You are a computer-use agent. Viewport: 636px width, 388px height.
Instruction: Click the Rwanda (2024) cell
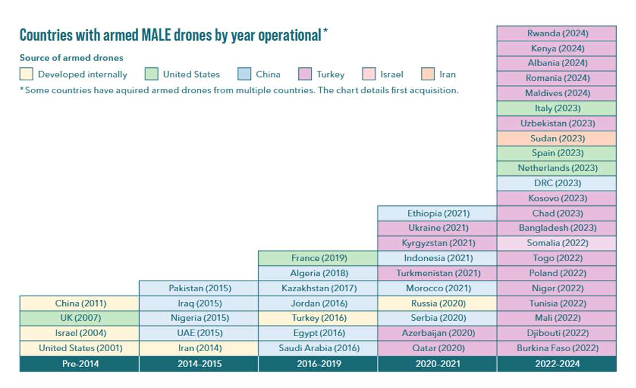[x=557, y=33]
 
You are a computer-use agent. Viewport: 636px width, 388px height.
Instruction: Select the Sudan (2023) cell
[x=557, y=138]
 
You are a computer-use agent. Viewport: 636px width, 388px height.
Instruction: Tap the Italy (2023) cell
[x=557, y=108]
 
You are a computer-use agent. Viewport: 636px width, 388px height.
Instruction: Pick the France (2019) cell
[x=318, y=258]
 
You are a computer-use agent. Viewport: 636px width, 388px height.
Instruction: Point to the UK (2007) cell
[x=79, y=318]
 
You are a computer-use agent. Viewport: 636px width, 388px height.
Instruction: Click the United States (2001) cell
[x=79, y=348]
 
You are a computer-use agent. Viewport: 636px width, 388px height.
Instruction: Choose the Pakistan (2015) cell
[x=199, y=288]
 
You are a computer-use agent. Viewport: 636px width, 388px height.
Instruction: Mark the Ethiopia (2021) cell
[x=437, y=213]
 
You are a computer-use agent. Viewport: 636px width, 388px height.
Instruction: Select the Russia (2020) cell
[x=437, y=303]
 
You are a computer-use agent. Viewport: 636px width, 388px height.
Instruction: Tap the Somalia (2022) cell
[x=557, y=243]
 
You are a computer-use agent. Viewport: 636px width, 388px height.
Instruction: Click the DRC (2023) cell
[x=557, y=183]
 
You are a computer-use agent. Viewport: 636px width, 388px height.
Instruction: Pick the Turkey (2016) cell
[x=318, y=318]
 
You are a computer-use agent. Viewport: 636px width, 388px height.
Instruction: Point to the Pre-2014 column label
[x=79, y=364]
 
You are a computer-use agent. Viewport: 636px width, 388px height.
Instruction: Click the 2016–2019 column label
[x=318, y=364]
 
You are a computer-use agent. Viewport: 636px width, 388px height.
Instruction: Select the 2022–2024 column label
[x=557, y=364]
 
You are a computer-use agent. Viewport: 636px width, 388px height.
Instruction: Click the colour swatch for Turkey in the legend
[x=305, y=74]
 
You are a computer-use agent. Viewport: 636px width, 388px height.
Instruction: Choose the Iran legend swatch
[x=428, y=74]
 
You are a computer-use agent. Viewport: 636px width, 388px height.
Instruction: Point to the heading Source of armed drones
[x=71, y=58]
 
